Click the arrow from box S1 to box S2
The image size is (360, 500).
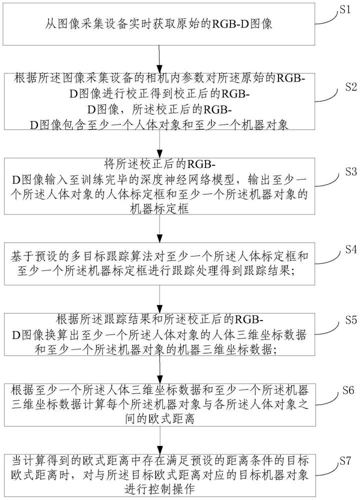pyautogui.click(x=159, y=59)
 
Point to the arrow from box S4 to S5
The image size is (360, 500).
pyautogui.click(x=159, y=298)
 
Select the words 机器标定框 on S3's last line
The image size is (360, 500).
pyautogui.click(x=159, y=209)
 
